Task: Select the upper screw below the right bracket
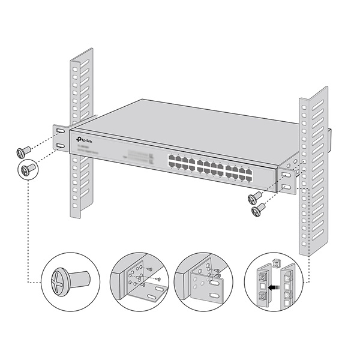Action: [255, 197]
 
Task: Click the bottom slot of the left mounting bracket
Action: [60, 147]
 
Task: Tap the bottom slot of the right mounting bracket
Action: [286, 188]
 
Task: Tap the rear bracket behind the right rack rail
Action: [330, 141]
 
